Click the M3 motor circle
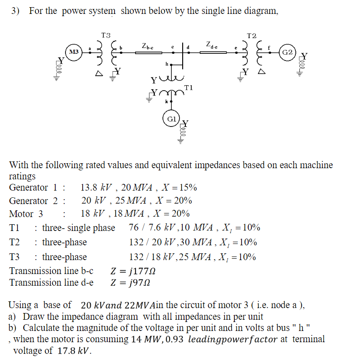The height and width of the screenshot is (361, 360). (x=74, y=52)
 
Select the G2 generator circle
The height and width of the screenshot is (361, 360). (x=287, y=52)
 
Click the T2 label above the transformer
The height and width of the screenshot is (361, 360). (x=252, y=35)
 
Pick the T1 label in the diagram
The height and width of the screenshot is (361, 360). (x=188, y=87)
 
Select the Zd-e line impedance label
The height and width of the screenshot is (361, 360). (x=212, y=44)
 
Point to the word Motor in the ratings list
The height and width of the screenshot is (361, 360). (x=22, y=214)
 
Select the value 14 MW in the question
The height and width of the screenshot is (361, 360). (x=142, y=339)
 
